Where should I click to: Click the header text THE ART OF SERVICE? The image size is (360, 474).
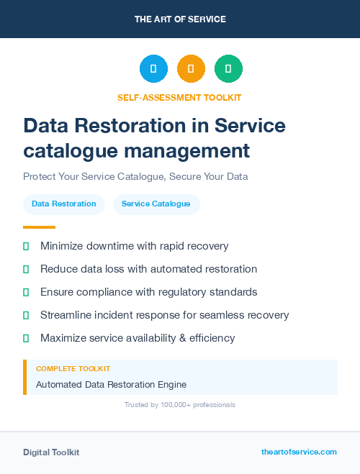pyautogui.click(x=180, y=19)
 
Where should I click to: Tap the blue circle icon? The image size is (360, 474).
pyautogui.click(x=153, y=69)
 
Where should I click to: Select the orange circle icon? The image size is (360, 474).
pyautogui.click(x=191, y=69)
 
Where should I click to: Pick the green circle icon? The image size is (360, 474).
pyautogui.click(x=228, y=69)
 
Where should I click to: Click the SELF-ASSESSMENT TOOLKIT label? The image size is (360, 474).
pyautogui.click(x=179, y=97)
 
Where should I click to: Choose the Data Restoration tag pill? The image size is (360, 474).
pyautogui.click(x=64, y=204)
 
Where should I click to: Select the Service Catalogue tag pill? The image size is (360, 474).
pyautogui.click(x=156, y=204)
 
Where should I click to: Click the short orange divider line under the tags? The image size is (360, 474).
pyautogui.click(x=39, y=227)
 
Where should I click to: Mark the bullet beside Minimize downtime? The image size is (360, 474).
pyautogui.click(x=26, y=246)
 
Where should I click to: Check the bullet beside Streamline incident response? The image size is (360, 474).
pyautogui.click(x=26, y=315)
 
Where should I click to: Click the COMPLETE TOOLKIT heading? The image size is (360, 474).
pyautogui.click(x=73, y=369)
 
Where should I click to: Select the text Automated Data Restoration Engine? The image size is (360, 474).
pyautogui.click(x=111, y=385)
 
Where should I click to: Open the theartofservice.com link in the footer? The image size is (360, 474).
pyautogui.click(x=299, y=452)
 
